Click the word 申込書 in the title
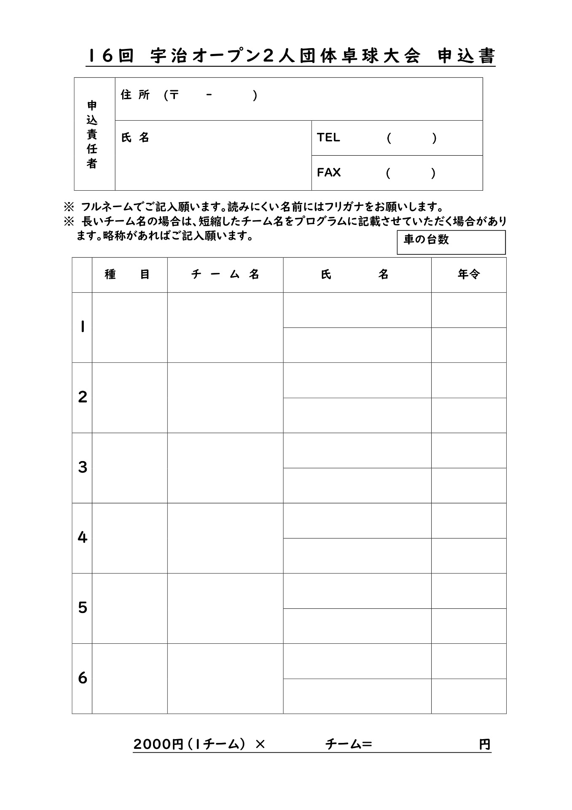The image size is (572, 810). pos(466,57)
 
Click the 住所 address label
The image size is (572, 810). pos(135,95)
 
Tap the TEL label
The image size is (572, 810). pos(328,138)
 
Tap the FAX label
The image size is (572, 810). pos(329,173)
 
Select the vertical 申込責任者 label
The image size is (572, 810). pos(92,134)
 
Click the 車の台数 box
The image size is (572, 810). pos(451,242)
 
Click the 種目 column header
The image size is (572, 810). pos(127,275)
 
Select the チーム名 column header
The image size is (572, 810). pos(225,275)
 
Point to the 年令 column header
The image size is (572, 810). pos(468,275)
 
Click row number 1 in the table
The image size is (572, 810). pos(82,327)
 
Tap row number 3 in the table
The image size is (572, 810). pos(82,467)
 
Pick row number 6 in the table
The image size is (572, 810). pos(82,678)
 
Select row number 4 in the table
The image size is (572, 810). pos(82,537)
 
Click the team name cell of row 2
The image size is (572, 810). pos(225,397)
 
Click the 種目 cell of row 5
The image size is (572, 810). pos(129,608)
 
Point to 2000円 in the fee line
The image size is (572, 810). pos(158,745)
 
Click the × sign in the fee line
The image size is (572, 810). pos(260,745)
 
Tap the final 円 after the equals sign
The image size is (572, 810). pos(484,745)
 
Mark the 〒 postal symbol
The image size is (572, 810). pos(174,95)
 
